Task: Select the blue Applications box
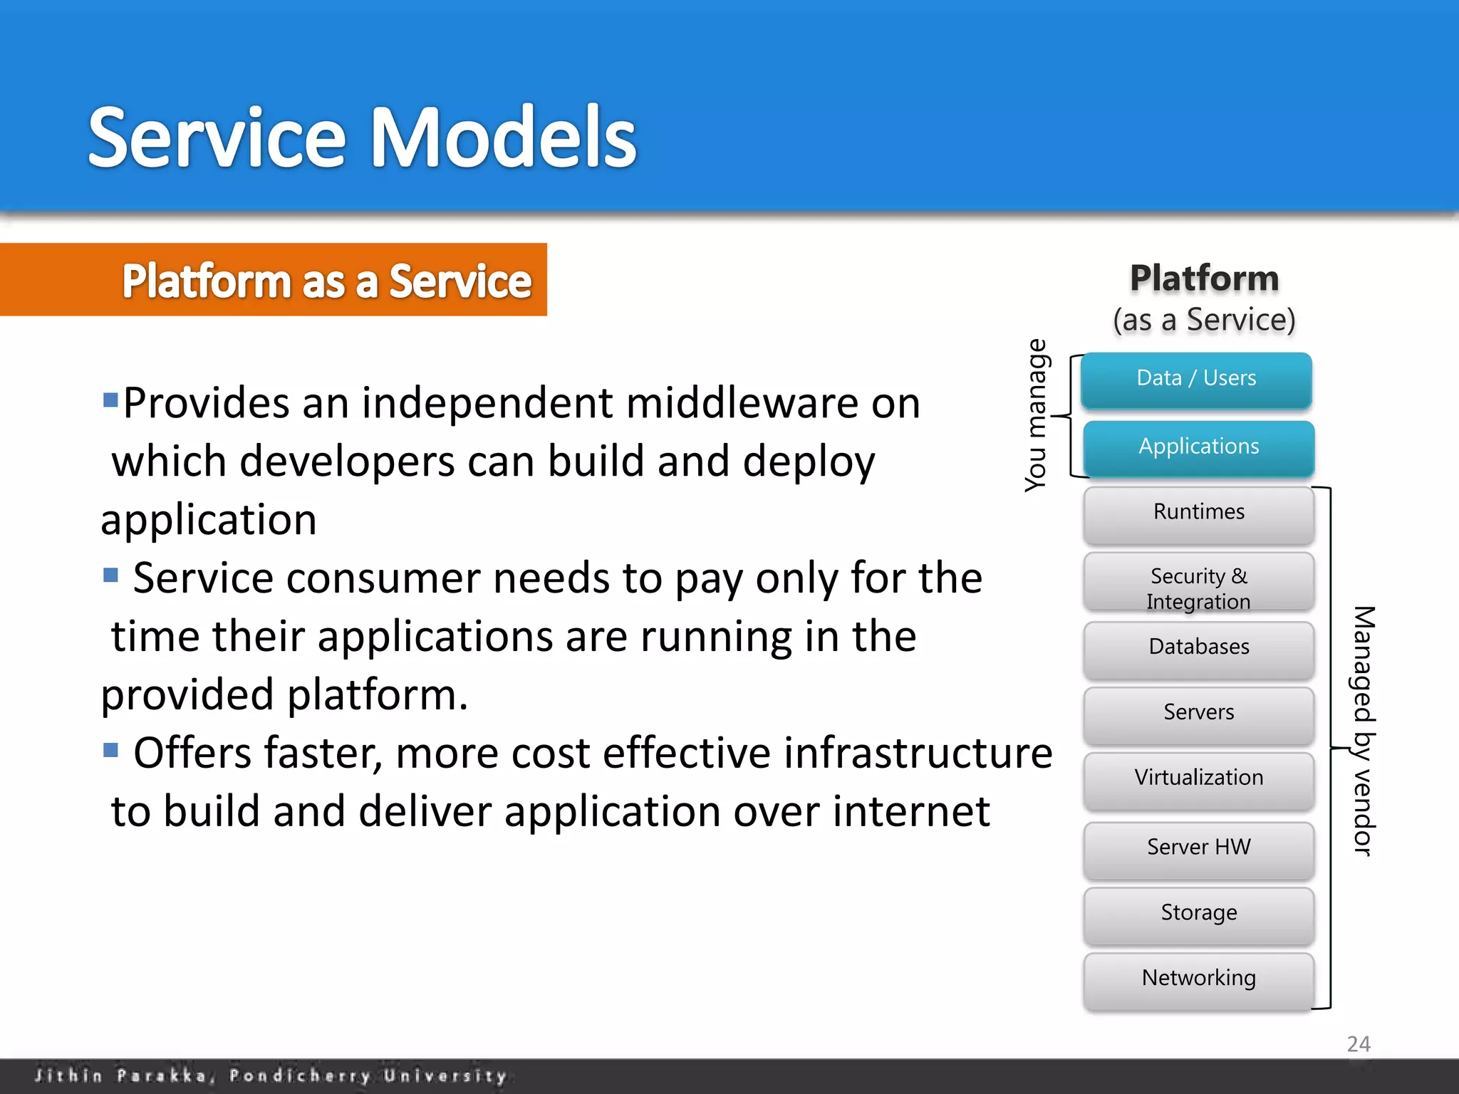point(1198,447)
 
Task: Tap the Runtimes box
point(1198,513)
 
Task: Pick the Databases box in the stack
point(1198,647)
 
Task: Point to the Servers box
point(1198,713)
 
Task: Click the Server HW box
point(1198,848)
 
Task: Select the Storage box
point(1198,913)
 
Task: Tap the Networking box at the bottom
point(1198,979)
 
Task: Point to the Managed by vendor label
point(1363,730)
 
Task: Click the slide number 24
point(1358,1044)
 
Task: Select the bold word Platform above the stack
point(1204,278)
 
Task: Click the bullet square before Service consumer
point(110,575)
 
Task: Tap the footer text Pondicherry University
point(368,1075)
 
